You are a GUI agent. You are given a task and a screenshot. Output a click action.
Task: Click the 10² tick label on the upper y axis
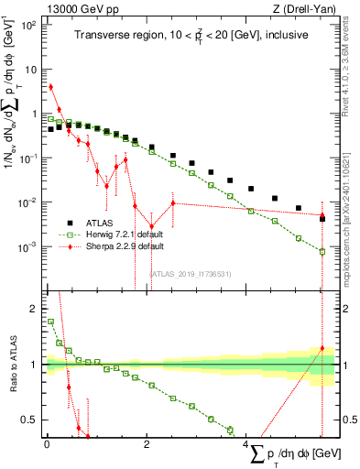point(28,25)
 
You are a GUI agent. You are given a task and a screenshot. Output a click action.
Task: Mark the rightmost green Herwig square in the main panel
point(322,251)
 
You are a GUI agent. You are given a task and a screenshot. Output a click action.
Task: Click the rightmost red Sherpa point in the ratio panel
point(322,348)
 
